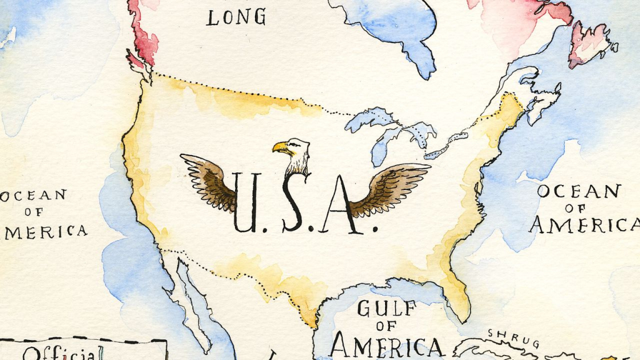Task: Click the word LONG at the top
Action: [236, 17]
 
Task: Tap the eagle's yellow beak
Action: [281, 148]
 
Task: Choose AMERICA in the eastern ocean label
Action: [584, 224]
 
